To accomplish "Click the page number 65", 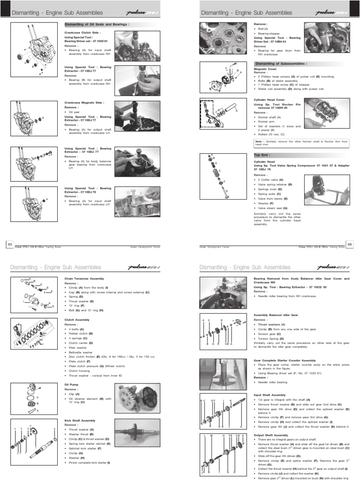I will click(9, 243).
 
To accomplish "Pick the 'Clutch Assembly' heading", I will click(76, 320).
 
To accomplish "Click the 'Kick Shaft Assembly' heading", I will click(79, 420).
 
